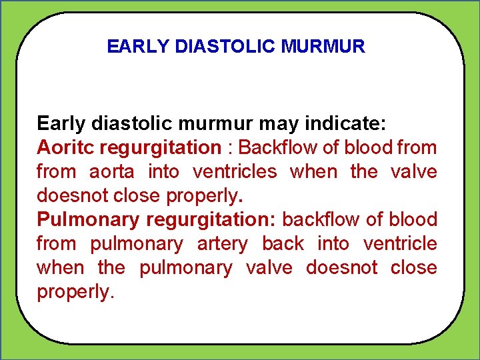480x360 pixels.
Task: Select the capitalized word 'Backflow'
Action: pos(277,147)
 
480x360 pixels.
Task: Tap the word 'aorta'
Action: pos(111,171)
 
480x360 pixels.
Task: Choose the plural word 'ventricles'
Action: pos(234,171)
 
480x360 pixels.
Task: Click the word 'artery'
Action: pos(223,243)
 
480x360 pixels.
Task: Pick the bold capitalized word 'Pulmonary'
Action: pos(88,219)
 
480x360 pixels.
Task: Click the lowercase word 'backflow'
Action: pos(321,219)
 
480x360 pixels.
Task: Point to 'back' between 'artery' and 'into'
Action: pos(283,243)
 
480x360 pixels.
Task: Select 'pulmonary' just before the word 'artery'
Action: pos(136,243)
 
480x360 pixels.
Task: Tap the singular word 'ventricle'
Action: pos(400,243)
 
